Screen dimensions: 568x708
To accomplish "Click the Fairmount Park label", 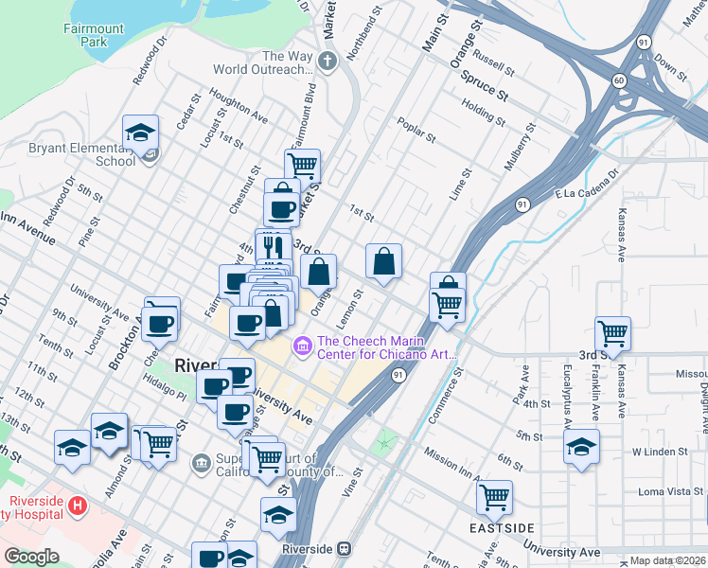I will (94, 36).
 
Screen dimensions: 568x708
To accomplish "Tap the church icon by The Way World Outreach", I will (327, 62).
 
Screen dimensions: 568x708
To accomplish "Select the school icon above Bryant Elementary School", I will (140, 132).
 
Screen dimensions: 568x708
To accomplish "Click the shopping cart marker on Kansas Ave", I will (612, 333).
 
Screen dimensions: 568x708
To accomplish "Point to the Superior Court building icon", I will (202, 463).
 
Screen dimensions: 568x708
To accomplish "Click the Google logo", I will (31, 557).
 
